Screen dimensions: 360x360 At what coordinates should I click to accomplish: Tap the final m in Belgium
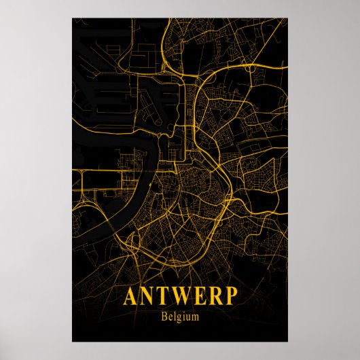195,316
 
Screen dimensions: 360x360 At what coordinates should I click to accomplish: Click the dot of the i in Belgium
184,312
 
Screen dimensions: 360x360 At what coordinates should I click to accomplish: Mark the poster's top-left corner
72,18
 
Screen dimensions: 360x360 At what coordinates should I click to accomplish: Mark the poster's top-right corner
288,18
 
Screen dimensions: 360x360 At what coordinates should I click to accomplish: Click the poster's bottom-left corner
72,342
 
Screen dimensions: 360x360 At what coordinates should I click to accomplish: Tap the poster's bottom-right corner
288,342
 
